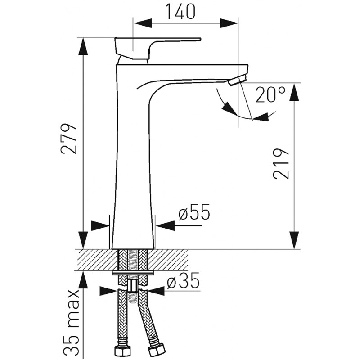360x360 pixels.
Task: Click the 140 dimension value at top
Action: pyautogui.click(x=180, y=12)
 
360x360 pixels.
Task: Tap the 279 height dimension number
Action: pyautogui.click(x=68, y=139)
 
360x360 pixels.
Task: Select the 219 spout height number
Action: pyautogui.click(x=280, y=163)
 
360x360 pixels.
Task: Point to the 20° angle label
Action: pyautogui.click(x=270, y=94)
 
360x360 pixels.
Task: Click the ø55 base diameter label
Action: pyautogui.click(x=194, y=211)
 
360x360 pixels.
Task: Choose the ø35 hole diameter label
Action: pyautogui.click(x=183, y=281)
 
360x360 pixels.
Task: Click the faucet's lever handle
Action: pyautogui.click(x=156, y=49)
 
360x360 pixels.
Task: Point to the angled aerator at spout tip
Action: pyautogui.click(x=238, y=81)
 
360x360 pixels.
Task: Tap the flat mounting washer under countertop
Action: pyautogui.click(x=132, y=273)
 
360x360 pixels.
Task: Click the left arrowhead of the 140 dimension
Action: pyautogui.click(x=143, y=23)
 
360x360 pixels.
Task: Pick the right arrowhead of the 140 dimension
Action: pyautogui.click(x=229, y=23)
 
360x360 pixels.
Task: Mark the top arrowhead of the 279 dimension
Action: pyautogui.click(x=83, y=46)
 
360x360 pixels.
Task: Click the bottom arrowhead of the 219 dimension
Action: pyautogui.click(x=294, y=240)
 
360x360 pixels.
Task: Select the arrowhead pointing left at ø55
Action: pyautogui.click(x=165, y=226)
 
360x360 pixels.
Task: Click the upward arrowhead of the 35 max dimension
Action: pyautogui.click(x=83, y=279)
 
